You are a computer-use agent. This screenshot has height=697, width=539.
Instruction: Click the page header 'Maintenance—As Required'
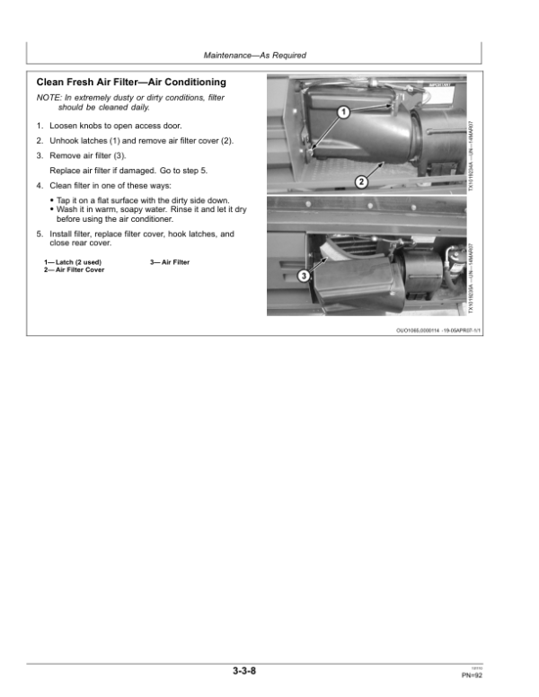(x=255, y=56)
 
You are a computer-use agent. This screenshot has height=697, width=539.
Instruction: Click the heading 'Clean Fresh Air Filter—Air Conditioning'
(x=131, y=83)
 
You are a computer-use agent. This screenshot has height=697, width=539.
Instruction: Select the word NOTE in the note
(x=48, y=97)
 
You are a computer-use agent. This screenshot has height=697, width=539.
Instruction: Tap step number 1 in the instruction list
(x=40, y=126)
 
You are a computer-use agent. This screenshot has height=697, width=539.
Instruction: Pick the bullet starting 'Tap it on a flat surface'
(x=143, y=199)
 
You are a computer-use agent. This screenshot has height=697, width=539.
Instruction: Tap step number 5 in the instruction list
(x=40, y=234)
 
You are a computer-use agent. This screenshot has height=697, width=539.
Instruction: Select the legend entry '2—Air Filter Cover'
(x=74, y=269)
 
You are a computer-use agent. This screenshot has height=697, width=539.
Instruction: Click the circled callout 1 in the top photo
(x=342, y=113)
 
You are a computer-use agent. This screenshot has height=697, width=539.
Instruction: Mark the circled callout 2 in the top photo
(x=361, y=182)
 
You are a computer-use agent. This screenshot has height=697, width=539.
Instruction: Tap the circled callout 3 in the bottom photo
(x=304, y=276)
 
